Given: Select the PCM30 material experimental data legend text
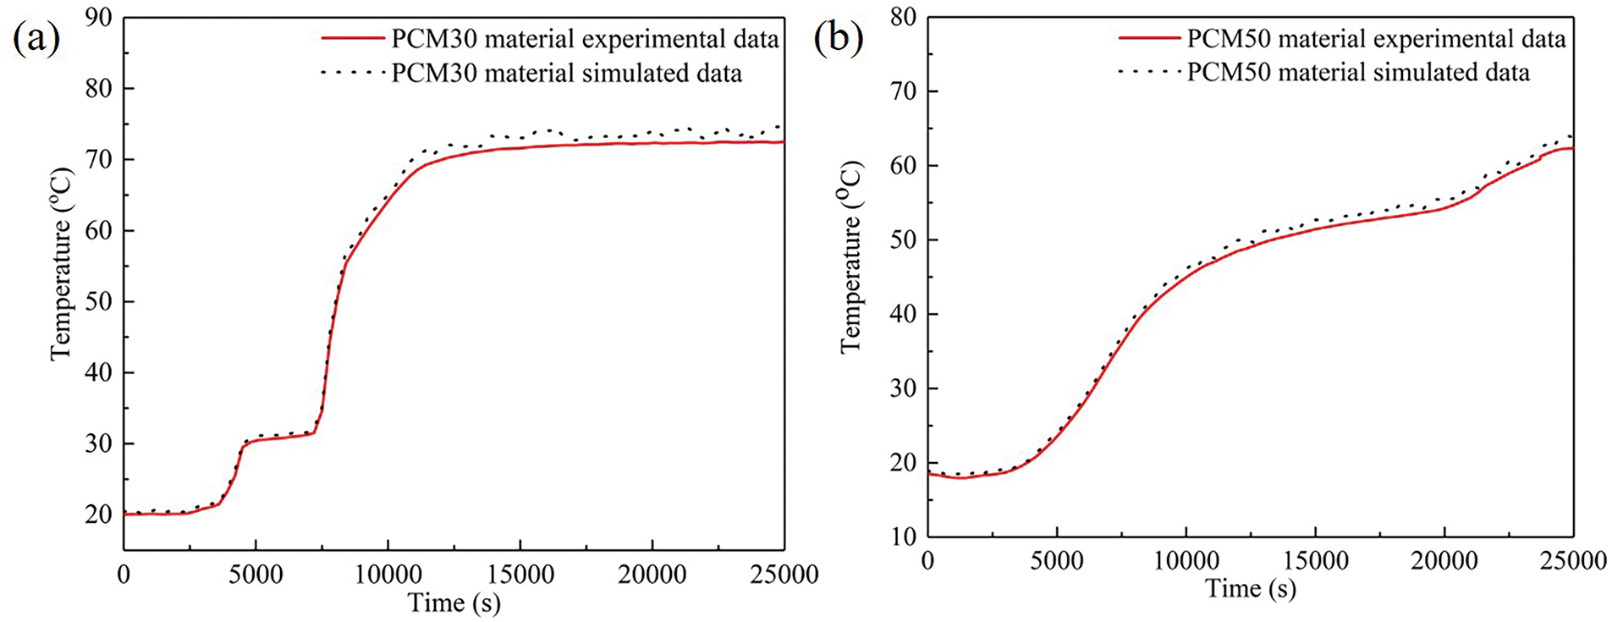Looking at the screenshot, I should (x=585, y=39).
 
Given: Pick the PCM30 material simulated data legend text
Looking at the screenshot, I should (x=566, y=74).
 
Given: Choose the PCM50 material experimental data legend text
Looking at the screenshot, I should (x=1376, y=38).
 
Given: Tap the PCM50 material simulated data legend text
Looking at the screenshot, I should (x=1358, y=73).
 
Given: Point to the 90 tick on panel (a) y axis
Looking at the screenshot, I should (x=98, y=17).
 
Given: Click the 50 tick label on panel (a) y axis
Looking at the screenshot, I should (x=98, y=301).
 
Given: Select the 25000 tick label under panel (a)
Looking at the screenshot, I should (x=784, y=575).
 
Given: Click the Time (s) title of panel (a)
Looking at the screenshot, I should (x=454, y=603).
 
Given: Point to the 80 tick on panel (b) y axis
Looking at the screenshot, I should (x=903, y=17).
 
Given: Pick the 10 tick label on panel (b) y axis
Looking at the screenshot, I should (x=903, y=537).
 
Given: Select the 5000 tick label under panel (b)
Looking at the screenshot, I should (x=1056, y=561).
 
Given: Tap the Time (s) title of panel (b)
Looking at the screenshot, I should (x=1250, y=588).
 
